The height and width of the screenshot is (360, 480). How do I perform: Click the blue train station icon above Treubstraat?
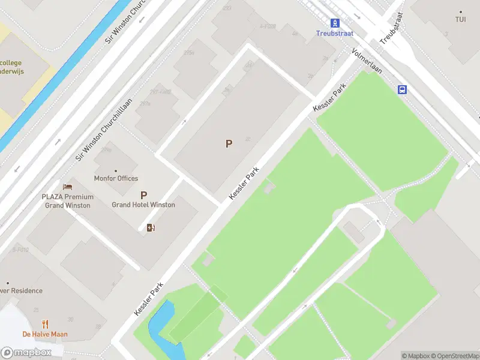tap(335, 23)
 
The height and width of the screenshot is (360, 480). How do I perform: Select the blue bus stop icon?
tap(401, 89)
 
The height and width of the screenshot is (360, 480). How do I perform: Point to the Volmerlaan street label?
tap(367, 64)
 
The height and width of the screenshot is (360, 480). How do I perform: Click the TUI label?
tap(460, 19)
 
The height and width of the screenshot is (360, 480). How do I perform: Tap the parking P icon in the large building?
tap(229, 143)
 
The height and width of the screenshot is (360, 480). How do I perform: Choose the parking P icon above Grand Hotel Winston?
tap(143, 195)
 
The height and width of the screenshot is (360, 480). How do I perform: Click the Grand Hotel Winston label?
tap(143, 205)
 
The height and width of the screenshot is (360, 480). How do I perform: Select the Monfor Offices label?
tap(116, 178)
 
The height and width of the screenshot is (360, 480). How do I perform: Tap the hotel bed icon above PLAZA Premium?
tap(67, 188)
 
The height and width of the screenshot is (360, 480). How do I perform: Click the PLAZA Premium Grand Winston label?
tap(67, 201)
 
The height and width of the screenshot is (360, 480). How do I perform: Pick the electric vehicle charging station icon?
tap(151, 227)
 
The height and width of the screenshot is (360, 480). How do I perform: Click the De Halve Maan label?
tap(45, 334)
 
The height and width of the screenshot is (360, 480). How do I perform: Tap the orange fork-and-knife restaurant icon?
tap(45, 325)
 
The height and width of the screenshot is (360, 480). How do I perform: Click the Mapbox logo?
tap(26, 352)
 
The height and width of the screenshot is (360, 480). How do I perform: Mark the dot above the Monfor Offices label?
tap(116, 170)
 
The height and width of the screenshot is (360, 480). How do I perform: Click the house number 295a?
tap(189, 53)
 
